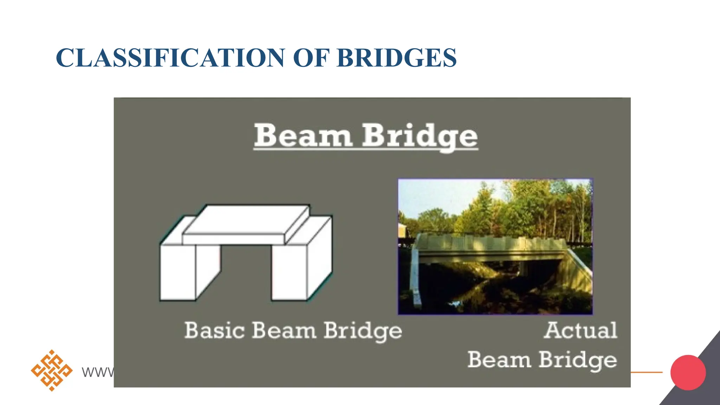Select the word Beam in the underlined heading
303,136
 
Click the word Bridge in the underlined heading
420,137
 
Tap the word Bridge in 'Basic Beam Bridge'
362,331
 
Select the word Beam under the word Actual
499,360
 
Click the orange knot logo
52,371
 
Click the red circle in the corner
688,372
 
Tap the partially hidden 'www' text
97,372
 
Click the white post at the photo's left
416,278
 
